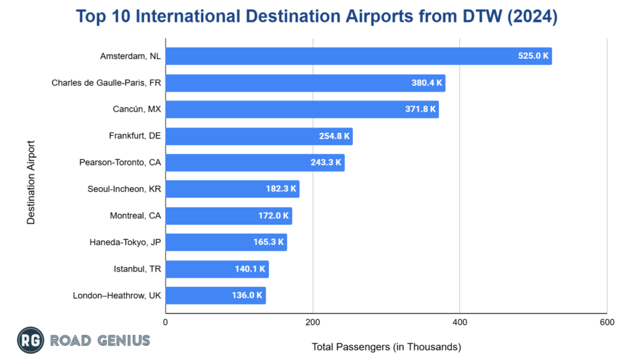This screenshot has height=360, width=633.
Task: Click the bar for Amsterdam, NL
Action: (359, 56)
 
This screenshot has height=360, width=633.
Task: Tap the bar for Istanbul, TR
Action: (217, 269)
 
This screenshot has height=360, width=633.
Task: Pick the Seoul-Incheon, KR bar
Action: (232, 189)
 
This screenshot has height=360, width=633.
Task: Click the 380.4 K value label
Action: (427, 83)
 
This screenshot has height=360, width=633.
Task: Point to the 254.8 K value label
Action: (334, 136)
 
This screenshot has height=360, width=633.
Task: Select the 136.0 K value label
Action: (247, 296)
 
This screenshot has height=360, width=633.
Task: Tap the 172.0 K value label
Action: (273, 216)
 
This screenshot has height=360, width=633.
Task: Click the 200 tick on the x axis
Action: (313, 322)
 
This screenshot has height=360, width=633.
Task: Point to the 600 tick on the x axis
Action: (606, 322)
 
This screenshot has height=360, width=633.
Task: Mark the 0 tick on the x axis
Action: (166, 322)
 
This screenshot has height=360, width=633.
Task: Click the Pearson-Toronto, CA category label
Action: (120, 163)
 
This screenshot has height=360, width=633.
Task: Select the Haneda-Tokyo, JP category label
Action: (125, 242)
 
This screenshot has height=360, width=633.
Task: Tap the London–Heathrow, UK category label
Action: (117, 296)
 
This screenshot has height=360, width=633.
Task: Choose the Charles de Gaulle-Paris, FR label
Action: (106, 83)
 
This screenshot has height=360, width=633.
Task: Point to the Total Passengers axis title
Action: (386, 347)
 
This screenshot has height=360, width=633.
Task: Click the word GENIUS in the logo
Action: (123, 340)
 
